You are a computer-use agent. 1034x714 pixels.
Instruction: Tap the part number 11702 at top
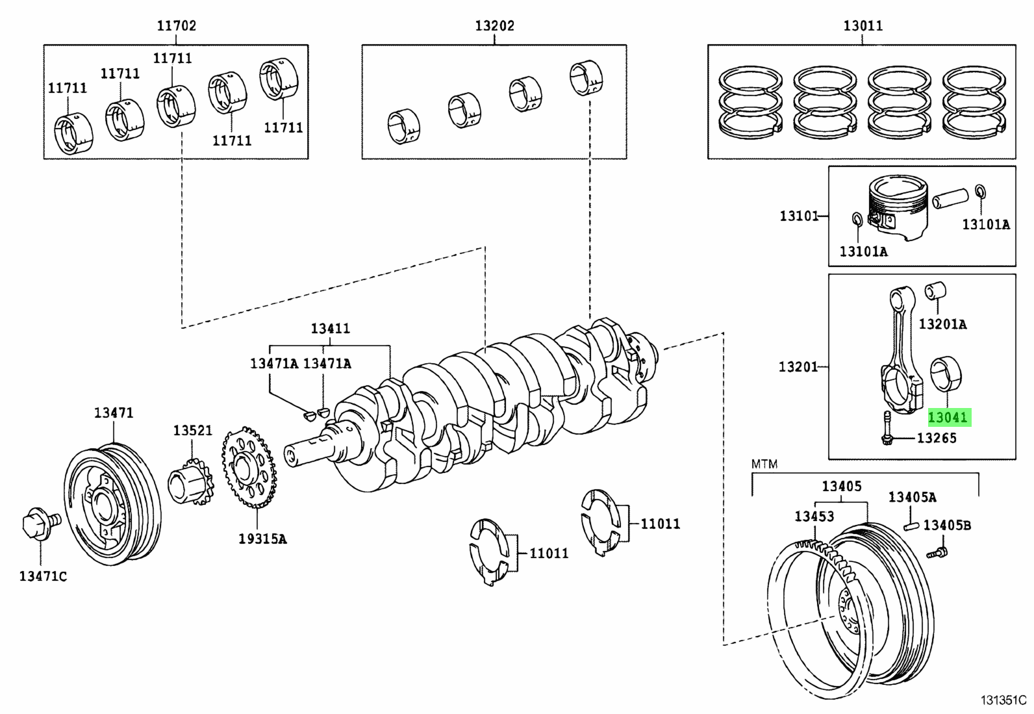tap(176, 25)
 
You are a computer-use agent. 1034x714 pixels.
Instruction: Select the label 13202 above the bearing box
tap(494, 25)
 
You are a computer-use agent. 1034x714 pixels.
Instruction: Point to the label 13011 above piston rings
tap(863, 25)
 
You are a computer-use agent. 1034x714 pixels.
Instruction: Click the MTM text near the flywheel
tap(764, 464)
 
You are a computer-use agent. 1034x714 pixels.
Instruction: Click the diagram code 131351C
tap(1003, 700)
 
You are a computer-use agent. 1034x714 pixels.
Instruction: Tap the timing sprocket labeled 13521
tap(190, 483)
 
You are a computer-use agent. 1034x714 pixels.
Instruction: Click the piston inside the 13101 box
tap(898, 207)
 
